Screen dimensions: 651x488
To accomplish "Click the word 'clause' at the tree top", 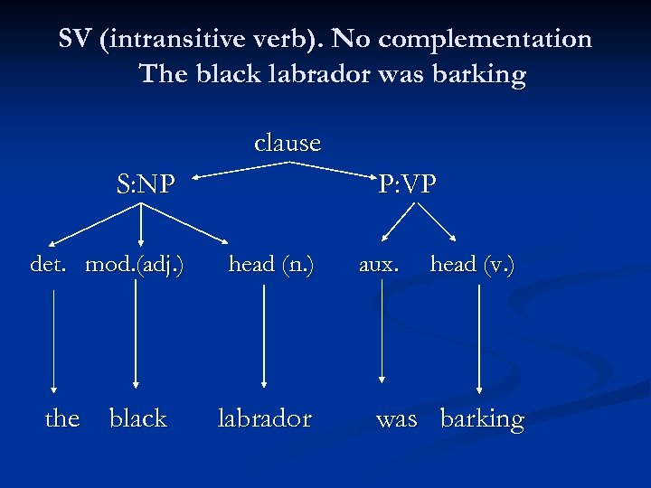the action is coord(288,143).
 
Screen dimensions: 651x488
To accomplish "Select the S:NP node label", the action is coord(146,184).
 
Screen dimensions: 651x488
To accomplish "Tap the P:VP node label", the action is coord(407,184).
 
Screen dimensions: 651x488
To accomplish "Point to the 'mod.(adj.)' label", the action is coord(135,264).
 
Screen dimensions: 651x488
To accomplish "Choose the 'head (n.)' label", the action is coord(271,264).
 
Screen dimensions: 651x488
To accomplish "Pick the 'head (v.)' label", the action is coord(472,264).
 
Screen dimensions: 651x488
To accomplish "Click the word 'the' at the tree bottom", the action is coord(62,418).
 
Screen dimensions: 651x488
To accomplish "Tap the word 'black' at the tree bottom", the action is coord(137,418).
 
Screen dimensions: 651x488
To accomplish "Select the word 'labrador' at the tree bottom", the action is coord(264,418).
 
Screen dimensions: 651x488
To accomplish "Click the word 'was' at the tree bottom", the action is coord(397,419).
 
